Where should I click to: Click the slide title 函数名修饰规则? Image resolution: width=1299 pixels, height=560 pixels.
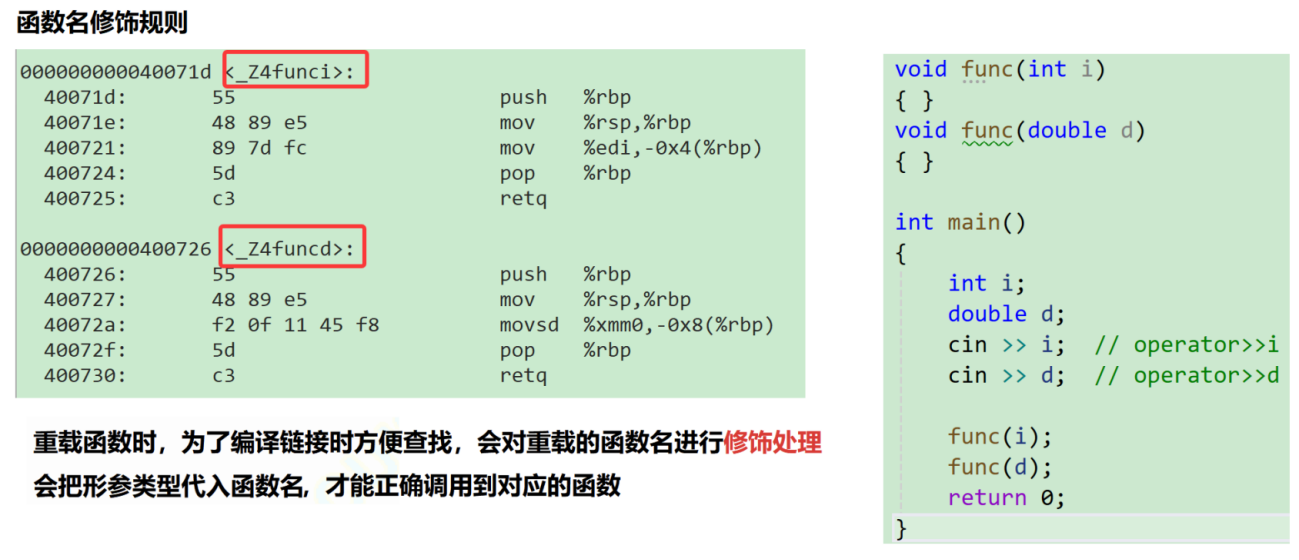[x=102, y=23]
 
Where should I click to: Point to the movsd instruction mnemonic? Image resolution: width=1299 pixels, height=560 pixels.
[x=529, y=325]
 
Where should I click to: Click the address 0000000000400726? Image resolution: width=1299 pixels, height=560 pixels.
[x=116, y=249]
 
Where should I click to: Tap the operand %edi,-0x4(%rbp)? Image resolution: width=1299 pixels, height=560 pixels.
[x=672, y=148]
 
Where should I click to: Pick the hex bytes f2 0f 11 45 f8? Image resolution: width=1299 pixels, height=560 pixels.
[x=295, y=325]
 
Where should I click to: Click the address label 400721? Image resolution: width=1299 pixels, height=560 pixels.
[x=85, y=148]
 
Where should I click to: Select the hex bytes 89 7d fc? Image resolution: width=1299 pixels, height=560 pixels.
[x=259, y=148]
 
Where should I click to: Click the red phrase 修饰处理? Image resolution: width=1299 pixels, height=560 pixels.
[x=772, y=443]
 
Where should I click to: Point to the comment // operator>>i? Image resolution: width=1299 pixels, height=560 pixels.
[x=1186, y=345]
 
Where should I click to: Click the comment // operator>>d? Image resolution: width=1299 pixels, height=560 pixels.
[x=1186, y=376]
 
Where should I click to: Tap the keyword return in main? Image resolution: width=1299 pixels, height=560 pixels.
[x=987, y=498]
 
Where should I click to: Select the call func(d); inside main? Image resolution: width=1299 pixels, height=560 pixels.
[x=1000, y=467]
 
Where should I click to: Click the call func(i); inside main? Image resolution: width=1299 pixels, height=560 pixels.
[x=1000, y=437]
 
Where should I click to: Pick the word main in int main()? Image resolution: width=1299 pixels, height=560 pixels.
[x=974, y=223]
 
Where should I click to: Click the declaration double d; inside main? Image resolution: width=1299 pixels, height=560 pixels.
[x=1006, y=314]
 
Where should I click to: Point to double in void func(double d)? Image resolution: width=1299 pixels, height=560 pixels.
[x=1067, y=130]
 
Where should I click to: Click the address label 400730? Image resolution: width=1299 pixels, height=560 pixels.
[x=85, y=376]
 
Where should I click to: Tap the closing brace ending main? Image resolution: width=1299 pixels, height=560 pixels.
[x=901, y=529]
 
